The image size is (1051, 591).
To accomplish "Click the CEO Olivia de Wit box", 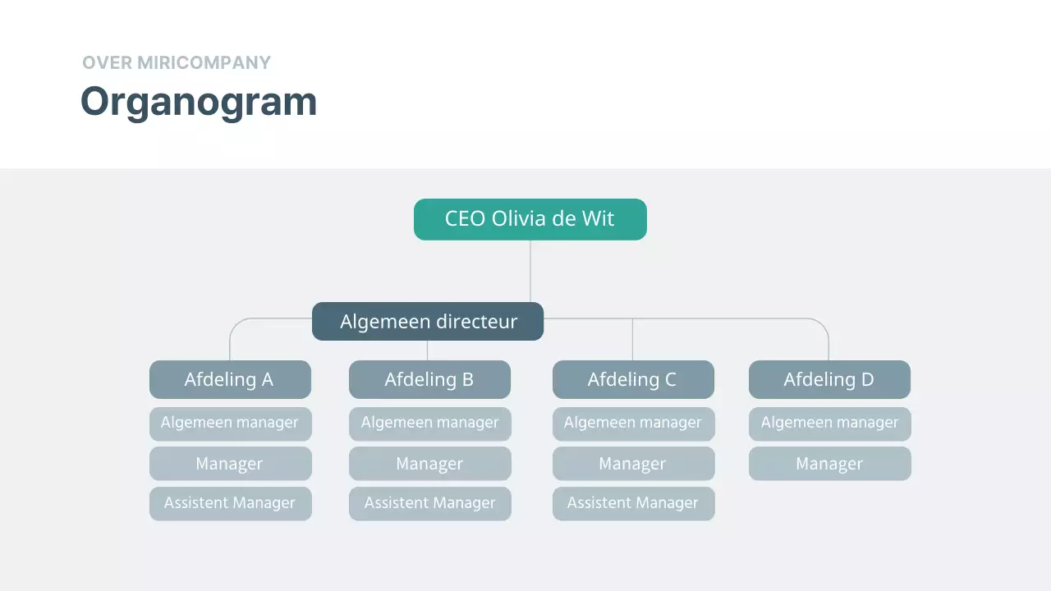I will pos(530,219).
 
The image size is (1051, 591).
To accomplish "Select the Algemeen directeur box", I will pos(428,321).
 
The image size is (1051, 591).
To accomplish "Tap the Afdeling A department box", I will pos(230,379).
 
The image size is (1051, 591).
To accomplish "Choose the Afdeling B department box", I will pos(429,379).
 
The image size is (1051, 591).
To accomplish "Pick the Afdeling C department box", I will pos(633,379).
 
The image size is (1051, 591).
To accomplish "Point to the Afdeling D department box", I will pos(829,379).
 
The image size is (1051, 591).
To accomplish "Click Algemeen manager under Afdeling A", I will pos(230,423).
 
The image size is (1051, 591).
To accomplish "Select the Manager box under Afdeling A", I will pos(230,464).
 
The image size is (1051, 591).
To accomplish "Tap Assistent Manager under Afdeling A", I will pos(230,503).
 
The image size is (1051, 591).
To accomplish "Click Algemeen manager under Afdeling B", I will pos(429,423).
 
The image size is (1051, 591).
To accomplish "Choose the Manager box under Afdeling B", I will pos(429,464).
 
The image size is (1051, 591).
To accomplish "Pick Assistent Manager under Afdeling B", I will pos(429,503).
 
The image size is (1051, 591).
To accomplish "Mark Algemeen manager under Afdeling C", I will pos(633,423).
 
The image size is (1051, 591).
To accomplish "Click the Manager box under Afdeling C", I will pos(633,464).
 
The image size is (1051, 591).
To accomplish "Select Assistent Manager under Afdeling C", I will pos(633,503).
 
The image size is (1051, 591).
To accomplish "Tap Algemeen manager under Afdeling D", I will pos(829,423).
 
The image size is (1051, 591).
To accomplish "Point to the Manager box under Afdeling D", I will pos(829,464).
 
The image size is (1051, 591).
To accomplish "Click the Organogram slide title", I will pos(199,102).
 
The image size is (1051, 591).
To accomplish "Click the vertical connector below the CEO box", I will pos(530,271).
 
